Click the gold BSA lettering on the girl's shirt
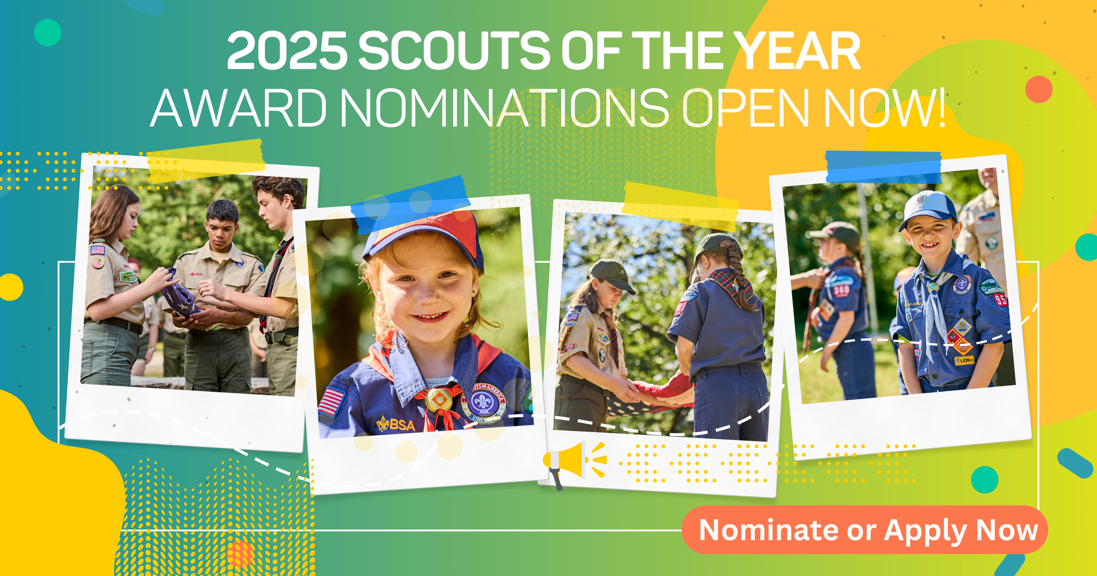tap(396, 424)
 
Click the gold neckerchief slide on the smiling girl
tap(438, 398)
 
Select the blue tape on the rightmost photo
tap(884, 167)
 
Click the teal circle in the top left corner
tap(48, 32)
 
